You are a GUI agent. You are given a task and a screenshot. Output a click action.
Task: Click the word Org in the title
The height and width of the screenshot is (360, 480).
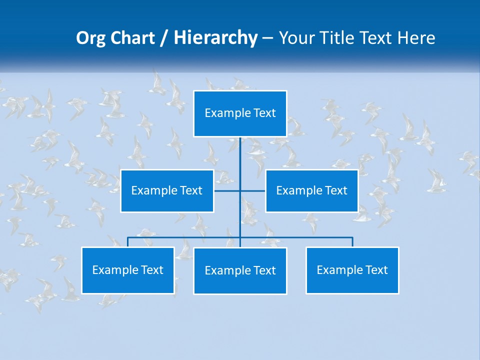[90, 38]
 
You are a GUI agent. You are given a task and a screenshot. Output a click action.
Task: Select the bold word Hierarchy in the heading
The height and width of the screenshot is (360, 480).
[215, 38]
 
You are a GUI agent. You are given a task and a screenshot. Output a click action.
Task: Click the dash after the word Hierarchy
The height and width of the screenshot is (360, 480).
[267, 39]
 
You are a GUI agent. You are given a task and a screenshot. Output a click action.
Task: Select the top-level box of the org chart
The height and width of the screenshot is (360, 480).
[240, 113]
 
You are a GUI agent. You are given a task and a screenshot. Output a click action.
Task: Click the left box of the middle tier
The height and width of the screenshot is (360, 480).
[167, 190]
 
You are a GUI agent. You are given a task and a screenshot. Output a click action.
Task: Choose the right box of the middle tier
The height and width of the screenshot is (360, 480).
[311, 190]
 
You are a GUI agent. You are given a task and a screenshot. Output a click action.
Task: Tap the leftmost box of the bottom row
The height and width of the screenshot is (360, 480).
[127, 270]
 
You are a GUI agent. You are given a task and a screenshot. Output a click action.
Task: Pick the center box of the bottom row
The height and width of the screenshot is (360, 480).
[240, 270]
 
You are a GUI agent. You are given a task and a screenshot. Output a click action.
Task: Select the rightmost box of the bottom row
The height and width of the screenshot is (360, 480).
[352, 270]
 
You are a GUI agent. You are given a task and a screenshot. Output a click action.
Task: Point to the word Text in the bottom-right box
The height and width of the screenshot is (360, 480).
[376, 270]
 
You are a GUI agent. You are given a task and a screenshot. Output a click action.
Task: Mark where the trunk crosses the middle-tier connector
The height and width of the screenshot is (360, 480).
[240, 190]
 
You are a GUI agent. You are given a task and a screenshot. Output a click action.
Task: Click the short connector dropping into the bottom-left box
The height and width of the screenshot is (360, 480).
[127, 242]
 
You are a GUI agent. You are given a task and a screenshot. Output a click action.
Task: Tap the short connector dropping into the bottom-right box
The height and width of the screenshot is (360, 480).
[352, 242]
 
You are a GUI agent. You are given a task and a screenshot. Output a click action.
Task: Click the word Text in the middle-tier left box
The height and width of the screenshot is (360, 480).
[191, 190]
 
